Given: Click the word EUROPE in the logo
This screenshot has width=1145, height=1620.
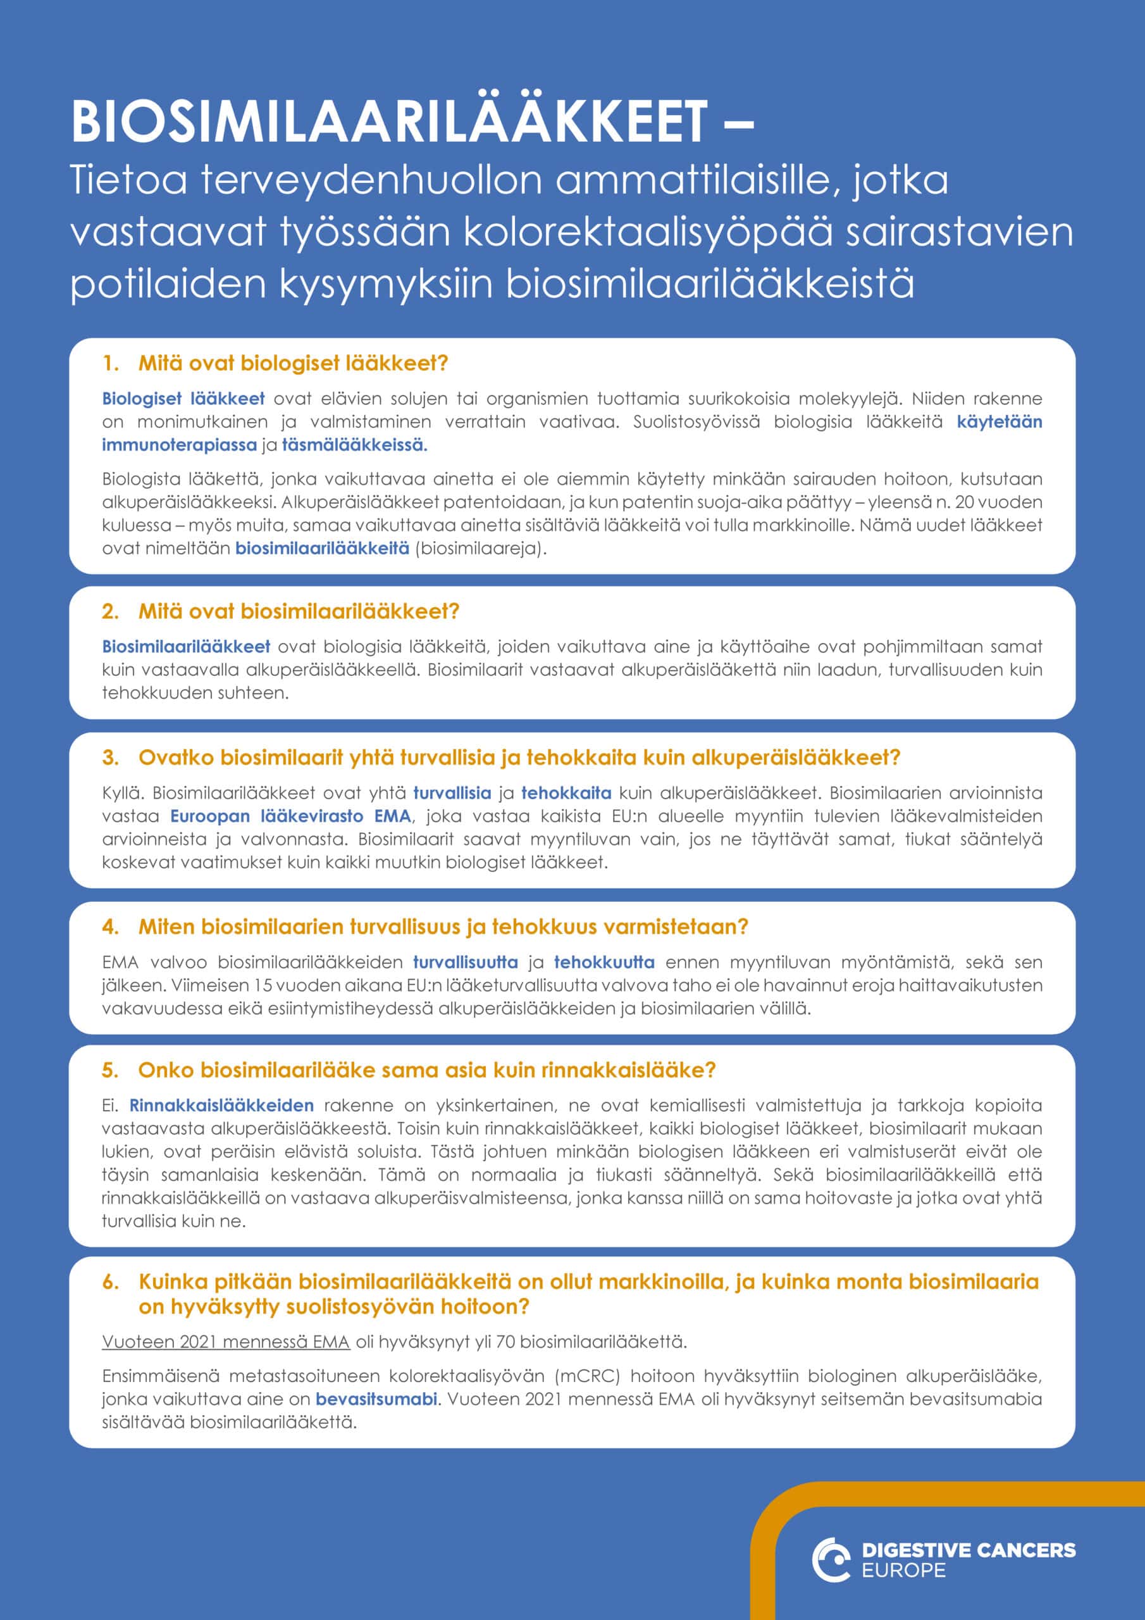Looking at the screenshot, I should coord(904,1571).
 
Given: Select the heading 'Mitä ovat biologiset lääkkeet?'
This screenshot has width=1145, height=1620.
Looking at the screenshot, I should coord(293,363).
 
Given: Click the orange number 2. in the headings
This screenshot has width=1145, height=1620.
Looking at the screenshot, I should coord(110,611).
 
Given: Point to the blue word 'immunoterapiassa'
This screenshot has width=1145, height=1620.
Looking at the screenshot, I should coord(179,445).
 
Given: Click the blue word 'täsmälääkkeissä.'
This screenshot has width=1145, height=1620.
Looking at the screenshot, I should coord(355,445).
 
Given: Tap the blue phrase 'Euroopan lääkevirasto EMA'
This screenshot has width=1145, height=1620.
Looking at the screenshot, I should coord(290,816).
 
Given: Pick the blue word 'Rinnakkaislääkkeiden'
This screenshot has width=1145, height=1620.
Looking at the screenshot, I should coord(221,1105).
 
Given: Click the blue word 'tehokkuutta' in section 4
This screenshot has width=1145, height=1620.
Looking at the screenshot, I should coord(604,963).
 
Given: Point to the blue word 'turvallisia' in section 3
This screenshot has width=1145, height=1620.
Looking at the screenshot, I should coord(452,793).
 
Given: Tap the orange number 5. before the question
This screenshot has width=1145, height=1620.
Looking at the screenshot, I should coord(110,1070).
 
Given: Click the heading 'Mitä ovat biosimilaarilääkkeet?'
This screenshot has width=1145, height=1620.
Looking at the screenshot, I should coord(299,611).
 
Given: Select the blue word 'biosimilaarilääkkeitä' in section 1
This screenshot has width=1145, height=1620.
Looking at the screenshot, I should coord(322,548).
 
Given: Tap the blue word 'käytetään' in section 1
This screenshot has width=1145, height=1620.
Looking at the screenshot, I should coord(999,422).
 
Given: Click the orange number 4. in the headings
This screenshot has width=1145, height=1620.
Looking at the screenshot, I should coord(110,926).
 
